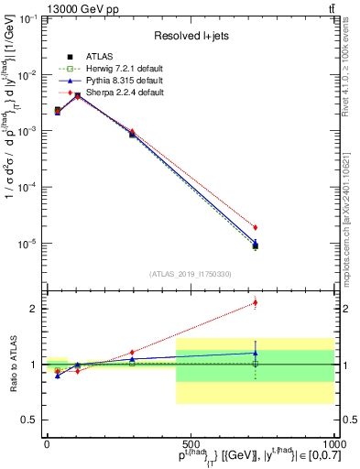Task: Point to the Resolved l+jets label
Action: tap(190, 36)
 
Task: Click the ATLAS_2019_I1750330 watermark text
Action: tap(191, 273)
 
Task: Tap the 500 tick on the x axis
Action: tap(190, 442)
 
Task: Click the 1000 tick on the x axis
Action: tap(332, 442)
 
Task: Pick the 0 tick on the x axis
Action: tap(47, 442)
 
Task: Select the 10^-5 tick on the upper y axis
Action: tap(27, 244)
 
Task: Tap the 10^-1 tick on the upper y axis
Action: tap(27, 18)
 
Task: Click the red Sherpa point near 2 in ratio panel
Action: tap(256, 302)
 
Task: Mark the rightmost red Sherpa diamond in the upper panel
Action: tap(256, 227)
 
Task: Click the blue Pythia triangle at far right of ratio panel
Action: tap(256, 352)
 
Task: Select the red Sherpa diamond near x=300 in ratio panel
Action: tap(132, 352)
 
